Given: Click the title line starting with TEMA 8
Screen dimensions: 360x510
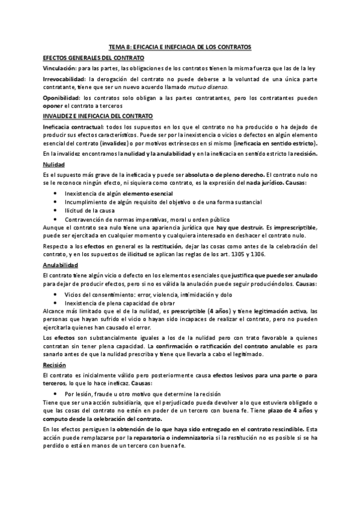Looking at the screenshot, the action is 180,46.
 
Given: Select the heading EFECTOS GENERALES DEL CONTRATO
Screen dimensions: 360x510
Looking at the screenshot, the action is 94,58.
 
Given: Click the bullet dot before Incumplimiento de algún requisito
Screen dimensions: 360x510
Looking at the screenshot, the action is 56,202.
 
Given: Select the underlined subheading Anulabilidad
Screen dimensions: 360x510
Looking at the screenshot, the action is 61,265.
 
